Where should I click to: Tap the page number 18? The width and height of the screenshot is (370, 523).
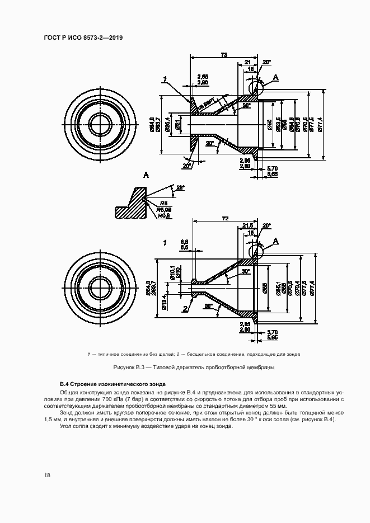tap(48, 475)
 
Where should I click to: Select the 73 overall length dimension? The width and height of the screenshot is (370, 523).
tap(224, 54)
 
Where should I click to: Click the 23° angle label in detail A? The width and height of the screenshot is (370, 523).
tap(180, 187)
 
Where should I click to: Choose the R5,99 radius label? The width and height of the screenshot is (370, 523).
tap(164, 210)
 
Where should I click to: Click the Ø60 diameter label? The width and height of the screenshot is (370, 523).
tap(269, 124)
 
